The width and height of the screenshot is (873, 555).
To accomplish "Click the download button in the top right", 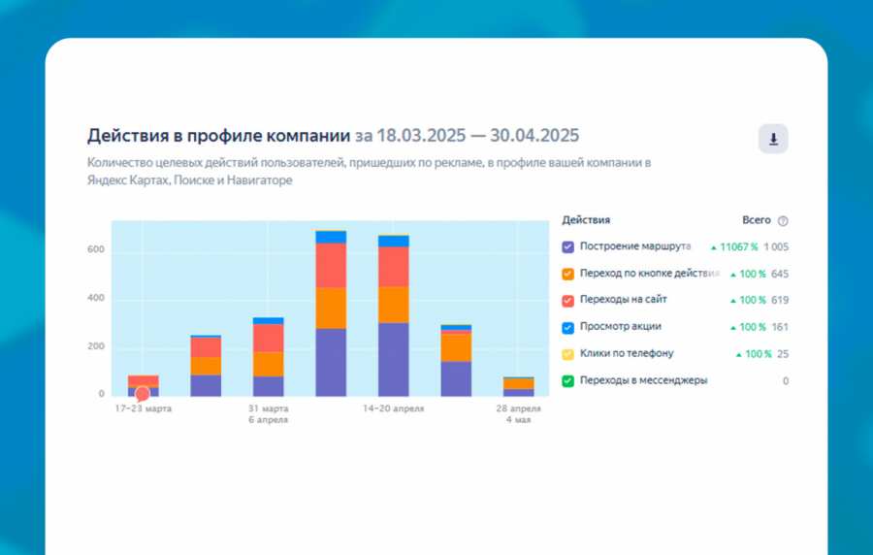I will coord(773,140).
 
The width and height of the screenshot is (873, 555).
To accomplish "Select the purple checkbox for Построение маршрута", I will coord(567,247).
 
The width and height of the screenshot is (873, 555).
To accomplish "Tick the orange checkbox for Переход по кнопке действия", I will coord(567,275).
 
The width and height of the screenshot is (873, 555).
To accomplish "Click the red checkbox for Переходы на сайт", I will coord(567,301).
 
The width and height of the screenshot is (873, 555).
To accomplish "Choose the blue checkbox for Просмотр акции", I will coord(567,328).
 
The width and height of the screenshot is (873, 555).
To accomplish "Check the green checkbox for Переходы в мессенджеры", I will coord(567,381).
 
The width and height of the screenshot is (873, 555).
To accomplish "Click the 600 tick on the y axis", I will coord(94,251).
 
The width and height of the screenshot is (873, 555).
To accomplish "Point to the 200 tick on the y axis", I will coord(94,347).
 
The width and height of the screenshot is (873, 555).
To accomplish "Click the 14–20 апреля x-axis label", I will coord(393,409).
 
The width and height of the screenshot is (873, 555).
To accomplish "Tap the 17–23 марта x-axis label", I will coord(144,409).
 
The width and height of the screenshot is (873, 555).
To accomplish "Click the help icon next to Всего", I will coord(783,221).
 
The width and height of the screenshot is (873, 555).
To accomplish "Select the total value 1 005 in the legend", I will coord(775,247).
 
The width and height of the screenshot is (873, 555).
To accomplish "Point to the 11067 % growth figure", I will coord(738,247).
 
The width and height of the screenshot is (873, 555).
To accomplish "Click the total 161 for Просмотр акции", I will coord(780,328).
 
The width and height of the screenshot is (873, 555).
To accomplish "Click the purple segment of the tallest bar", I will coord(331,362).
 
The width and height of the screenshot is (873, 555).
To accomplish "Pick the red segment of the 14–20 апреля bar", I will coord(393,267).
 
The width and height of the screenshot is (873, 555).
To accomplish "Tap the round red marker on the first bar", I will coord(143,394).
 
